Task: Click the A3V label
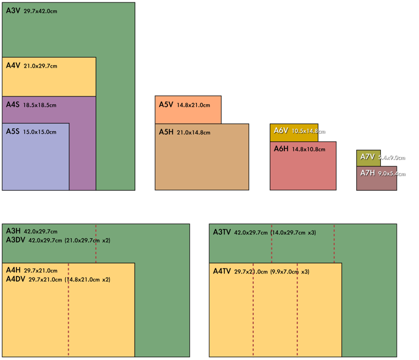12,11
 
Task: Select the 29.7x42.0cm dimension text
41,11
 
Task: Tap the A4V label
12,65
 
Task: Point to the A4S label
12,105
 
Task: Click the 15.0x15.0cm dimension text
41,132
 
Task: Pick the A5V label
166,105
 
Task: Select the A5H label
166,132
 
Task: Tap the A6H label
281,149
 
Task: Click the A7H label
367,173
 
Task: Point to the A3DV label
15,240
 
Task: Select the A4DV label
15,279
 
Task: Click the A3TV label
222,232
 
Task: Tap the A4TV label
222,271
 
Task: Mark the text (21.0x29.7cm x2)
88,241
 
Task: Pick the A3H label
13,232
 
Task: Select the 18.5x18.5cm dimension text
39,105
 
